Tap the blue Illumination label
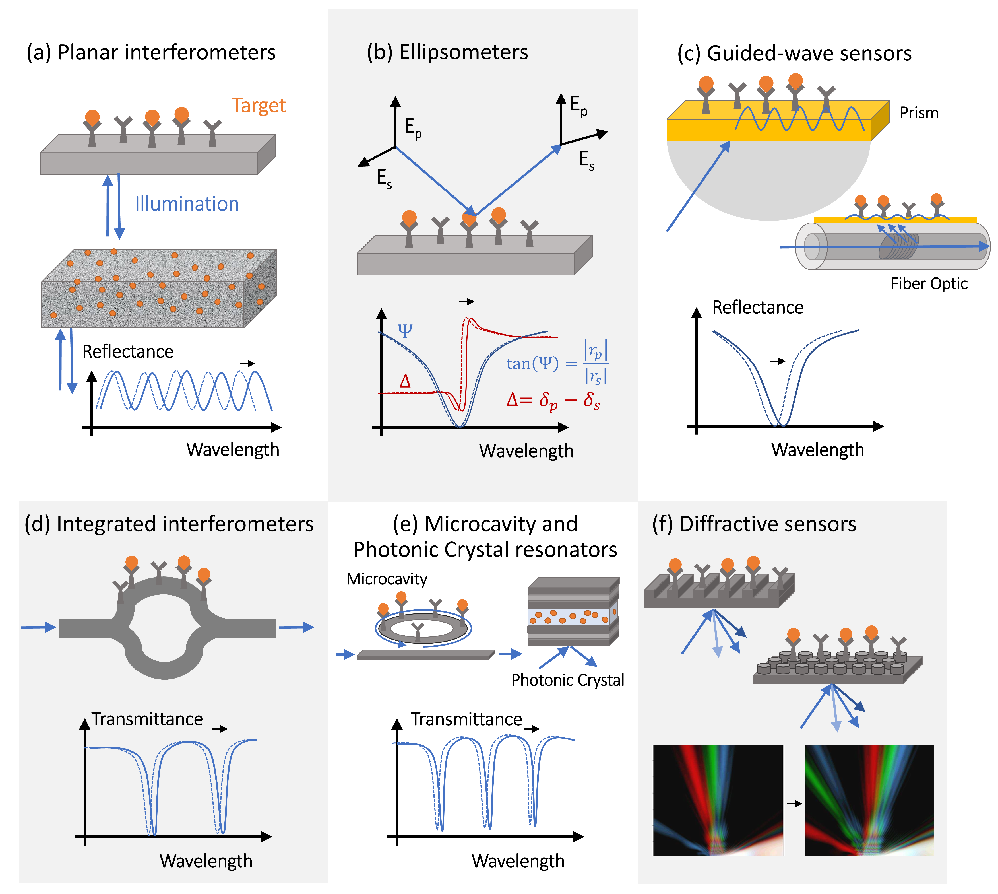pyautogui.click(x=187, y=204)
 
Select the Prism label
pyautogui.click(x=918, y=113)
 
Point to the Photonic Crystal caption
pyautogui.click(x=567, y=680)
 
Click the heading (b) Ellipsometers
pyautogui.click(x=447, y=52)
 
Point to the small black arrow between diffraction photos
pyautogui.click(x=794, y=804)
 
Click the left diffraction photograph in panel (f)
pyautogui.click(x=717, y=801)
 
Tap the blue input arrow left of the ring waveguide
pyautogui.click(x=38, y=627)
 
